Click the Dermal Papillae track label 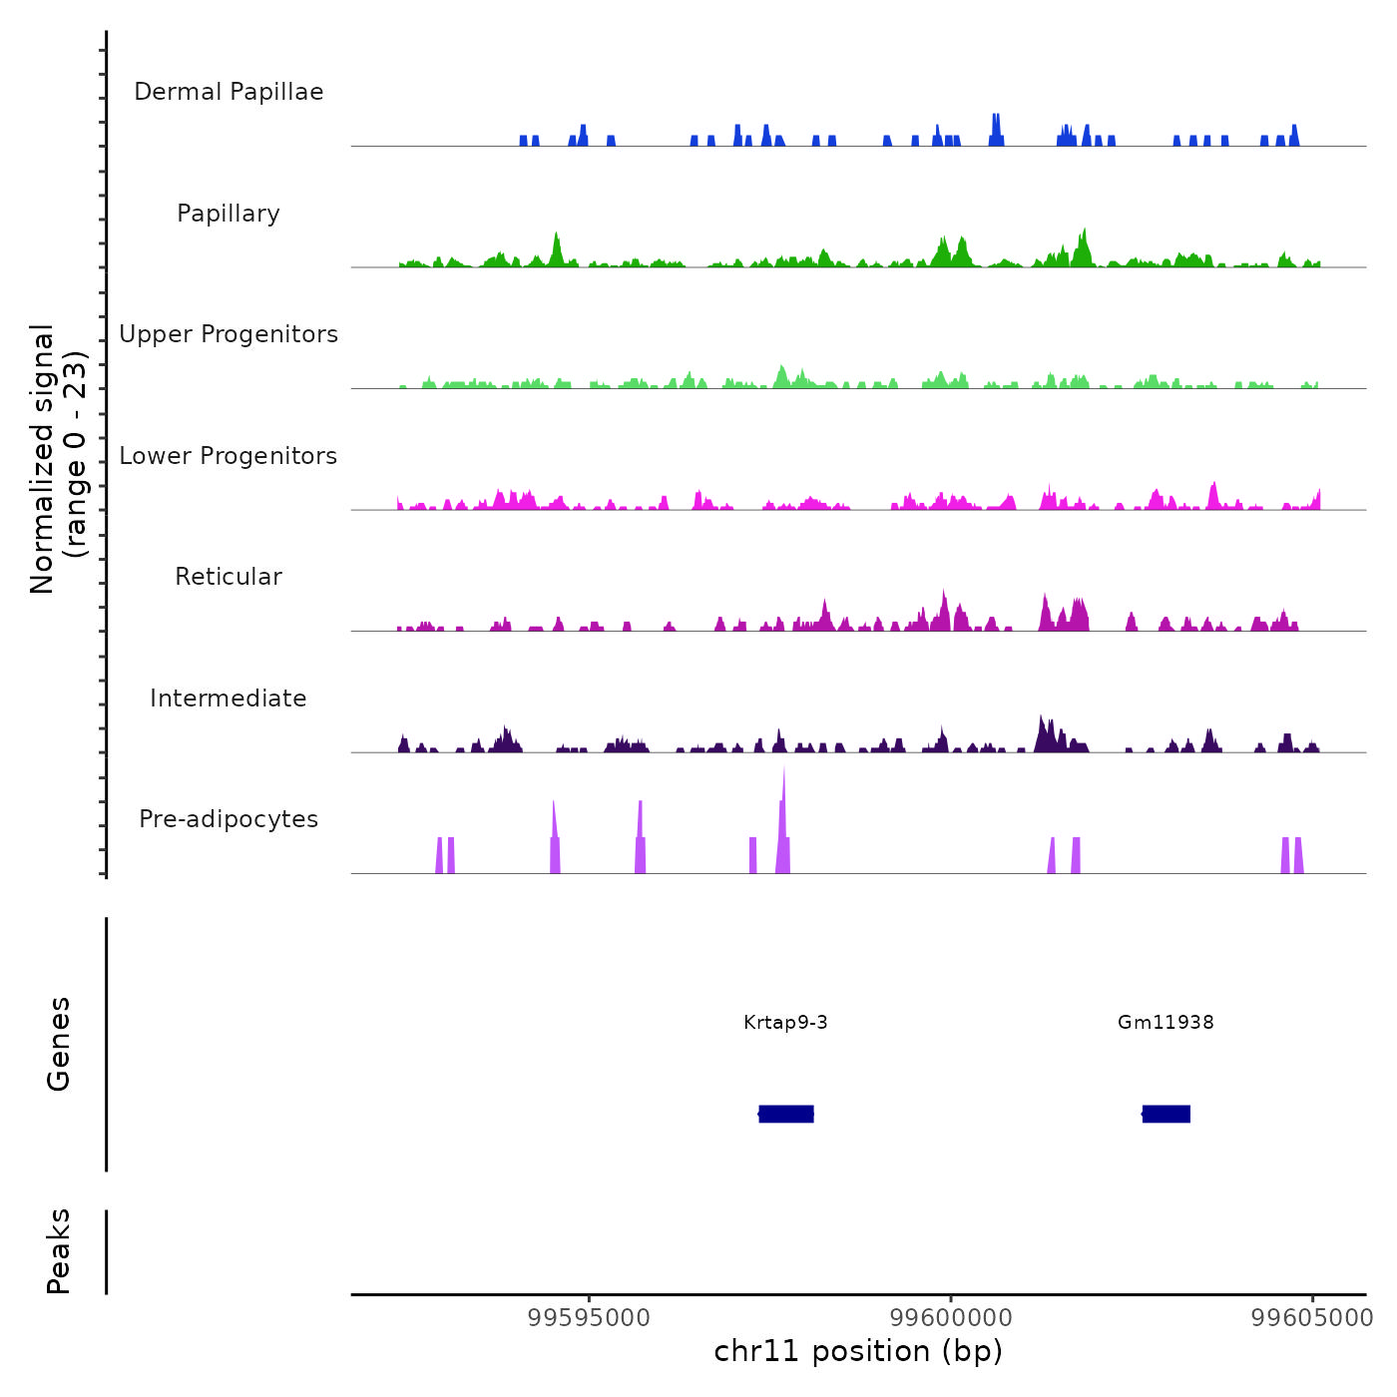point(229,92)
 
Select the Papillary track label point(229,214)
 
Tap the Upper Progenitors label point(229,334)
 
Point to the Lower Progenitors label point(229,456)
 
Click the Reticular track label point(229,577)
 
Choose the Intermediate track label point(229,698)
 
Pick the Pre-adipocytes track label point(229,819)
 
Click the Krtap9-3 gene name point(785,1023)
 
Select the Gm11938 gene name point(1165,1023)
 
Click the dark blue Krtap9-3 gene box point(786,1114)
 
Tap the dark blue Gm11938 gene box point(1166,1114)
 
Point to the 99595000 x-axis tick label point(589,1318)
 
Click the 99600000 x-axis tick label point(951,1318)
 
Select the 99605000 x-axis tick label point(1312,1318)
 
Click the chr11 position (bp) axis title point(858,1351)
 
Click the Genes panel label point(59,1044)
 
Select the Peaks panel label point(59,1251)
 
